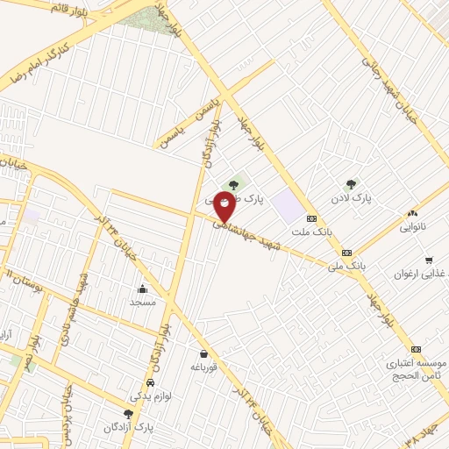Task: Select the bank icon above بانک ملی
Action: [x=347, y=251]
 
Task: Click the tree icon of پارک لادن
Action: [x=352, y=184]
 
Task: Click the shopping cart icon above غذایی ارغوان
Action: [x=429, y=260]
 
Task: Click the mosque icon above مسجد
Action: [x=142, y=289]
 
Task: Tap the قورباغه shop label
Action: [x=203, y=367]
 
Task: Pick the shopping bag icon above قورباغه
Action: [x=203, y=353]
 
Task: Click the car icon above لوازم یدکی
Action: [x=150, y=384]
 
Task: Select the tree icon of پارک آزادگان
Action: [x=128, y=413]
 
